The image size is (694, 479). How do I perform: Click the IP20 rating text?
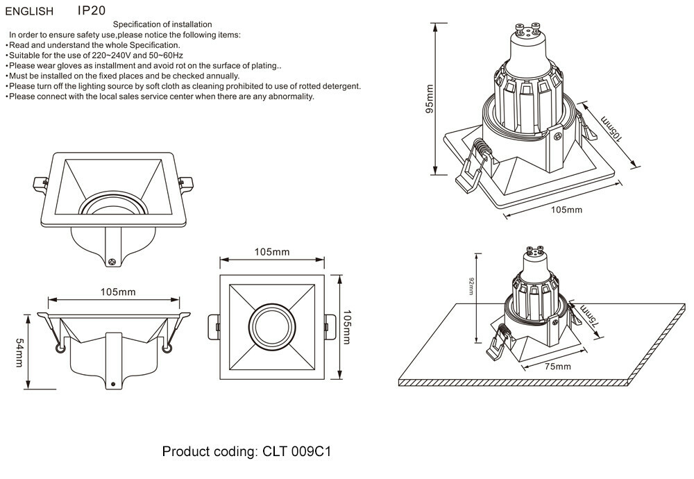point(92,11)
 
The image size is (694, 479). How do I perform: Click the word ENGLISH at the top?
point(29,12)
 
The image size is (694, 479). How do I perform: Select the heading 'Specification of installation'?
point(162,25)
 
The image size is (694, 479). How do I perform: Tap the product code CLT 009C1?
point(297,452)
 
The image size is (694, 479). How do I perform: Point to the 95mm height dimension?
point(430,99)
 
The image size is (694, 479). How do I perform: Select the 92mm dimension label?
point(471,287)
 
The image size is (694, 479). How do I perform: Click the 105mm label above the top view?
point(272,252)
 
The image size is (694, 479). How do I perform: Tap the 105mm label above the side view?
point(119,292)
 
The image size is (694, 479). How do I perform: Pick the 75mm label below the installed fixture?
point(557,367)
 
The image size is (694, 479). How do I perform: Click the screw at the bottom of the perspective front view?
point(111,262)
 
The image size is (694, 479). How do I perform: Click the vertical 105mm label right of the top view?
point(348,326)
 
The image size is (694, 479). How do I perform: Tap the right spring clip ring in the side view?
point(166,348)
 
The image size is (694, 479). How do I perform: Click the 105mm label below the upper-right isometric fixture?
point(566,210)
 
